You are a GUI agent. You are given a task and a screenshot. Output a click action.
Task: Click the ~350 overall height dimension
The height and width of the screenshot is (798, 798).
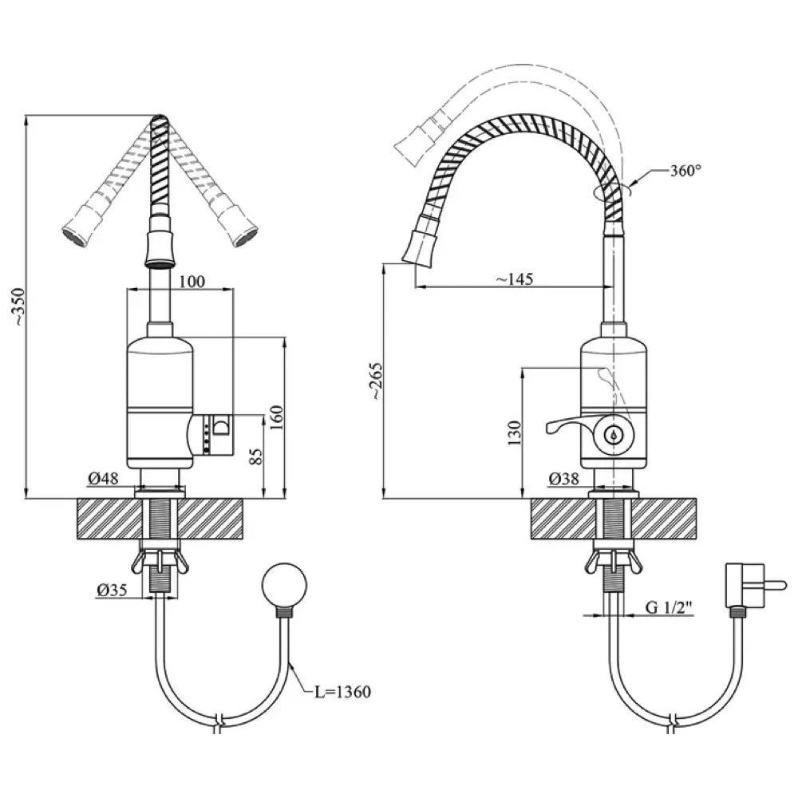pos(19,307)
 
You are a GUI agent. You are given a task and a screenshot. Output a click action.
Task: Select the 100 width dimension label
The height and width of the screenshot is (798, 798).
pos(192,281)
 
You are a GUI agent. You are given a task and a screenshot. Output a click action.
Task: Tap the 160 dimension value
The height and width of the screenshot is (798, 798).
pos(276,417)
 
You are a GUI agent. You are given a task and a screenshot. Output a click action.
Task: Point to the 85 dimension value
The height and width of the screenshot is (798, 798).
pos(257,456)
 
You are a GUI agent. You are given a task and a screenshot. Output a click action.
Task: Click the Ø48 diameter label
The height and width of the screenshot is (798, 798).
pos(103,478)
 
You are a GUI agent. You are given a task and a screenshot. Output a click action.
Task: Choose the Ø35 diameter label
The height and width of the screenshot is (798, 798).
pos(112,590)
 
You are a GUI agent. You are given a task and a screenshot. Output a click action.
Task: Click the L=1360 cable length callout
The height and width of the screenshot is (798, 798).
pos(342,692)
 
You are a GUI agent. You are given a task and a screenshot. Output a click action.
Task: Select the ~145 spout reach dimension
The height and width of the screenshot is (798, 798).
pos(514,279)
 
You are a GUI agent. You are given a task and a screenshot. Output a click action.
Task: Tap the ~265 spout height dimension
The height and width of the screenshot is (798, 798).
pos(377,381)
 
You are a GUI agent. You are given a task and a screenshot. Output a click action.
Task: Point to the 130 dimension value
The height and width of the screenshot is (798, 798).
pos(515,433)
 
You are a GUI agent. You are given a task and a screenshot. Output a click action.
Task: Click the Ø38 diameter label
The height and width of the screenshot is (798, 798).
pos(564,478)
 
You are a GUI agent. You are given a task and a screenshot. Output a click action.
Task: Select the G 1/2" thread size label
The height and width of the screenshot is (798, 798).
pos(670,606)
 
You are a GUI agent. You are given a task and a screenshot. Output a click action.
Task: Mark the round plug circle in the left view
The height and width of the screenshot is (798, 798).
pos(285,585)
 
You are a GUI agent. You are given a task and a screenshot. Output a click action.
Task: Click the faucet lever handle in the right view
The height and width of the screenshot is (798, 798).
pos(571,425)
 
